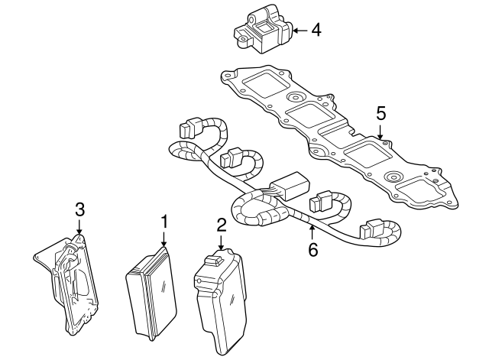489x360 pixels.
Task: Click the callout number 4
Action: (x=315, y=31)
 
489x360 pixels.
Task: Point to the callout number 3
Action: (x=79, y=209)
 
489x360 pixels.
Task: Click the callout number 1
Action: (x=163, y=222)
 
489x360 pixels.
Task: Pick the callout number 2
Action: (x=221, y=225)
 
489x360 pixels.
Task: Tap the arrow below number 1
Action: (x=163, y=240)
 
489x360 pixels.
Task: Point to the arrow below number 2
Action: (x=221, y=244)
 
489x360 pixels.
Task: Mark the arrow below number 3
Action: (x=79, y=227)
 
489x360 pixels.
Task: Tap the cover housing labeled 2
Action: (x=222, y=302)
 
